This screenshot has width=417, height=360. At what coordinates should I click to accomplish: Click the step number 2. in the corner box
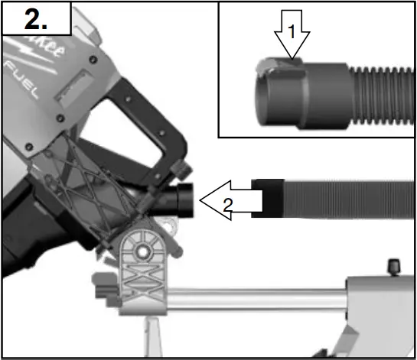(37, 18)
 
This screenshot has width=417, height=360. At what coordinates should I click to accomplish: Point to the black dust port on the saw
(183, 200)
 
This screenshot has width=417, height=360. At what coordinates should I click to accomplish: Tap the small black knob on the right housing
(394, 267)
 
